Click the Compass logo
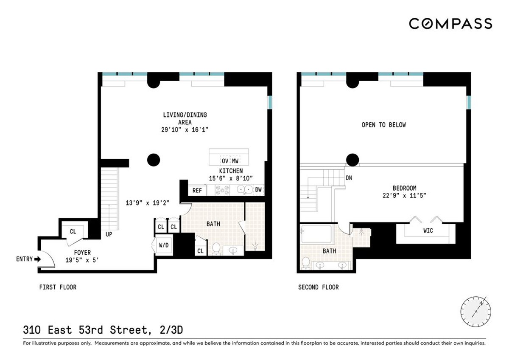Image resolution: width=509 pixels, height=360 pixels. [450, 24]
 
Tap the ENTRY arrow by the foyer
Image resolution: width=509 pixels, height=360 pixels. [38, 259]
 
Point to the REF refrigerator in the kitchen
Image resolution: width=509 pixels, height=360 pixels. [197, 191]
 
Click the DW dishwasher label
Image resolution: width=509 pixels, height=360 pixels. [258, 190]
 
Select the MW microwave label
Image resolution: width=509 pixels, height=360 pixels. [235, 161]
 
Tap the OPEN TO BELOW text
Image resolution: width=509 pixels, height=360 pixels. [383, 125]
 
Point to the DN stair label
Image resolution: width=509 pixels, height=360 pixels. [349, 178]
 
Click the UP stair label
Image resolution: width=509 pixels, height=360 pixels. [109, 234]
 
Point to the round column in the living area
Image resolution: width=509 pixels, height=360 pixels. [154, 160]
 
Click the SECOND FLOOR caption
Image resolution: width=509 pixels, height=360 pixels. [318, 287]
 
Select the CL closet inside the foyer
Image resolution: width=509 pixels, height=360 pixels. [73, 231]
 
